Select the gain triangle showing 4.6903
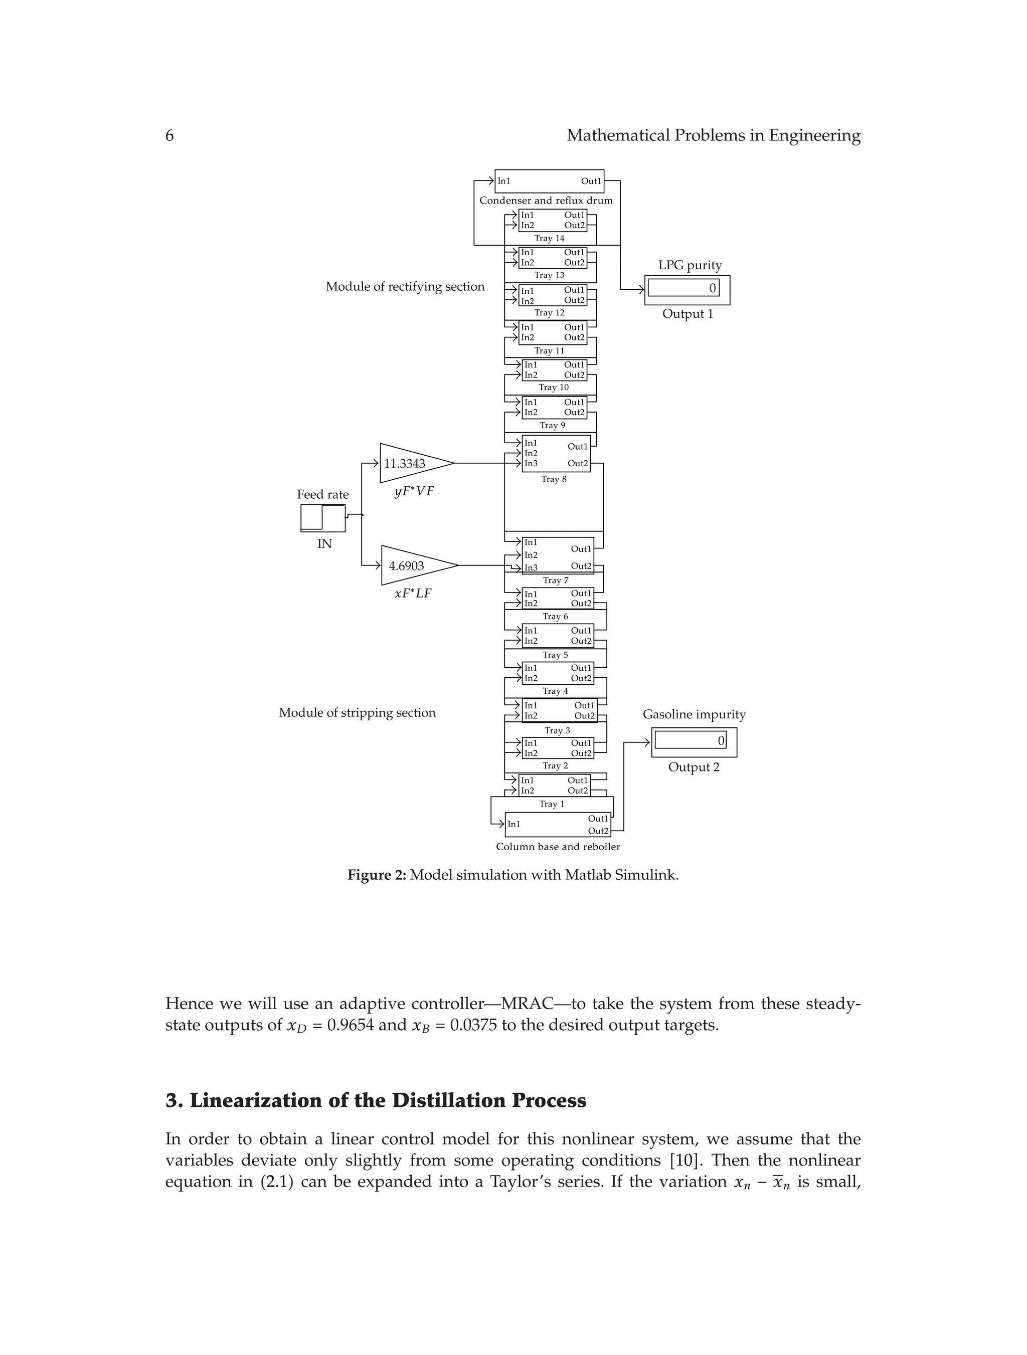click(414, 565)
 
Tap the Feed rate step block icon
click(323, 518)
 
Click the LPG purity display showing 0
click(687, 289)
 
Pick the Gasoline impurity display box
click(694, 741)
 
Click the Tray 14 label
click(549, 238)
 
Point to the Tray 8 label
click(553, 479)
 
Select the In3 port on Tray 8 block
click(531, 463)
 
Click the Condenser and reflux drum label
click(546, 201)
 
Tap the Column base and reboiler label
click(558, 847)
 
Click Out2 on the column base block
click(598, 831)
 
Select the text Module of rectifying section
click(404, 287)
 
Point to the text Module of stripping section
click(357, 712)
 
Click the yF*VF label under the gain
click(414, 491)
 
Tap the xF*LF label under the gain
click(412, 593)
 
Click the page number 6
click(169, 135)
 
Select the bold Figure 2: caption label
click(376, 875)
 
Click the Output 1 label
click(687, 314)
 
